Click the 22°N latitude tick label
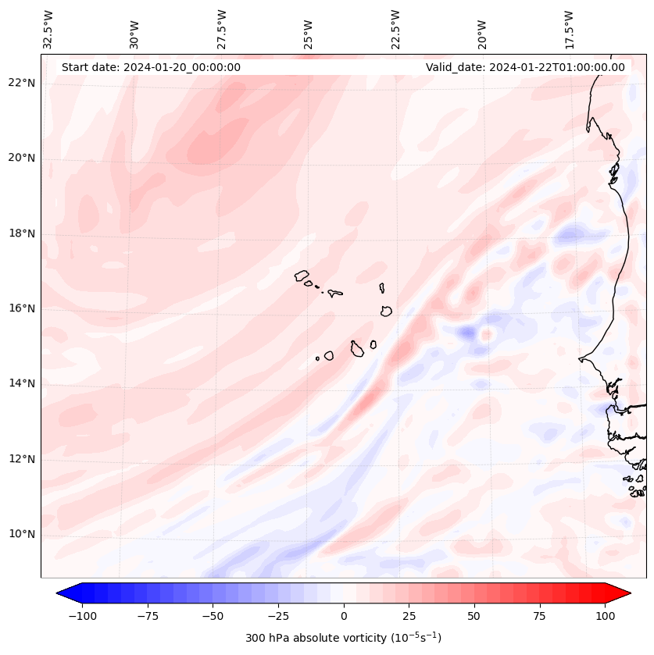[22, 84]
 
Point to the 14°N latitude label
[22, 383]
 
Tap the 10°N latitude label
[22, 535]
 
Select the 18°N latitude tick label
[22, 233]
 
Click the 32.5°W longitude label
[48, 29]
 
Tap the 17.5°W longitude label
[569, 29]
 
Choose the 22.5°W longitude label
[395, 29]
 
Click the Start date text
[151, 67]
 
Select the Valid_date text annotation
[525, 67]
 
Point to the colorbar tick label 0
[344, 616]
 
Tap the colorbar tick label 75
[539, 616]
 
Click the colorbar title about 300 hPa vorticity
[343, 638]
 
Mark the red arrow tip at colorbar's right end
[624, 593]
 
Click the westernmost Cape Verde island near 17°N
[302, 275]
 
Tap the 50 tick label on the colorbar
[474, 616]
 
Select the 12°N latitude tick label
[22, 459]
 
